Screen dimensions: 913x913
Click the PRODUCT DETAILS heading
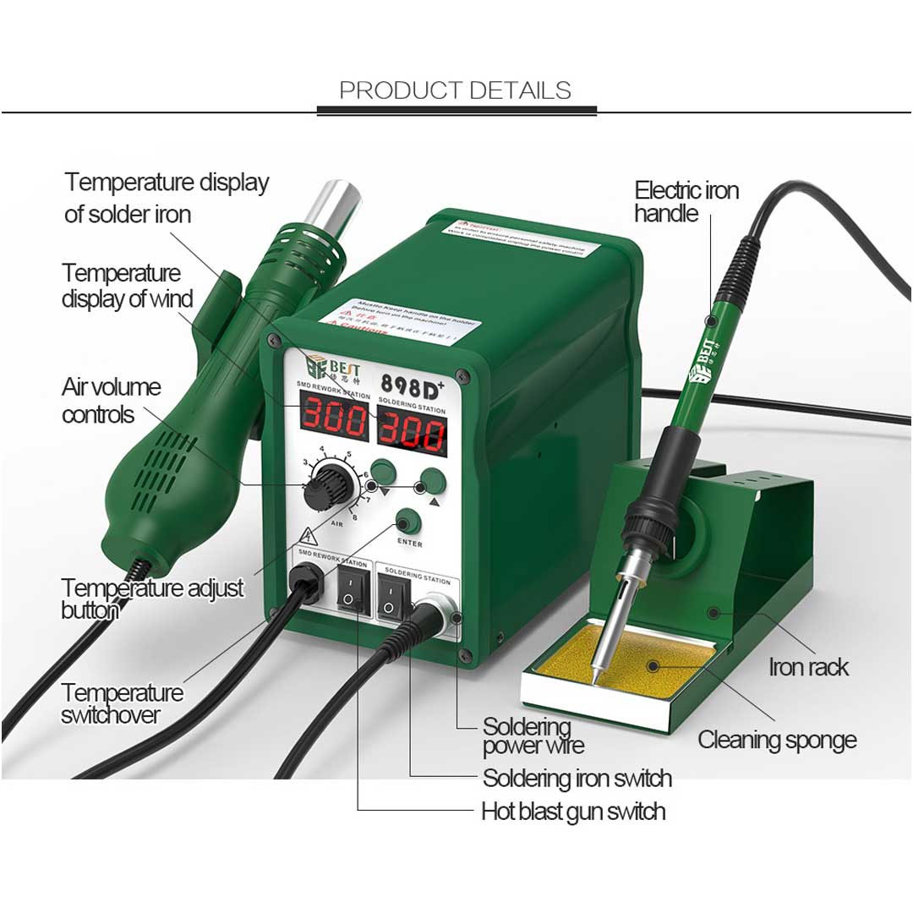[455, 90]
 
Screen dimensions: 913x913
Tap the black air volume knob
[321, 489]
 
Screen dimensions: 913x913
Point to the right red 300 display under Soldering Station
[411, 433]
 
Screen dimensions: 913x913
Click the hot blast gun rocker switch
[350, 595]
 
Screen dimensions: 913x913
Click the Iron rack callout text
[808, 667]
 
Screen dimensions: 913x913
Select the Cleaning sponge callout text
[776, 741]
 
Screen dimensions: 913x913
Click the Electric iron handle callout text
[686, 201]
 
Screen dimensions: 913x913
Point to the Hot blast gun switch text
[573, 812]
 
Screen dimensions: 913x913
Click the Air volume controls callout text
[111, 401]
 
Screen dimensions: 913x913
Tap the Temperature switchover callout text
[122, 703]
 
